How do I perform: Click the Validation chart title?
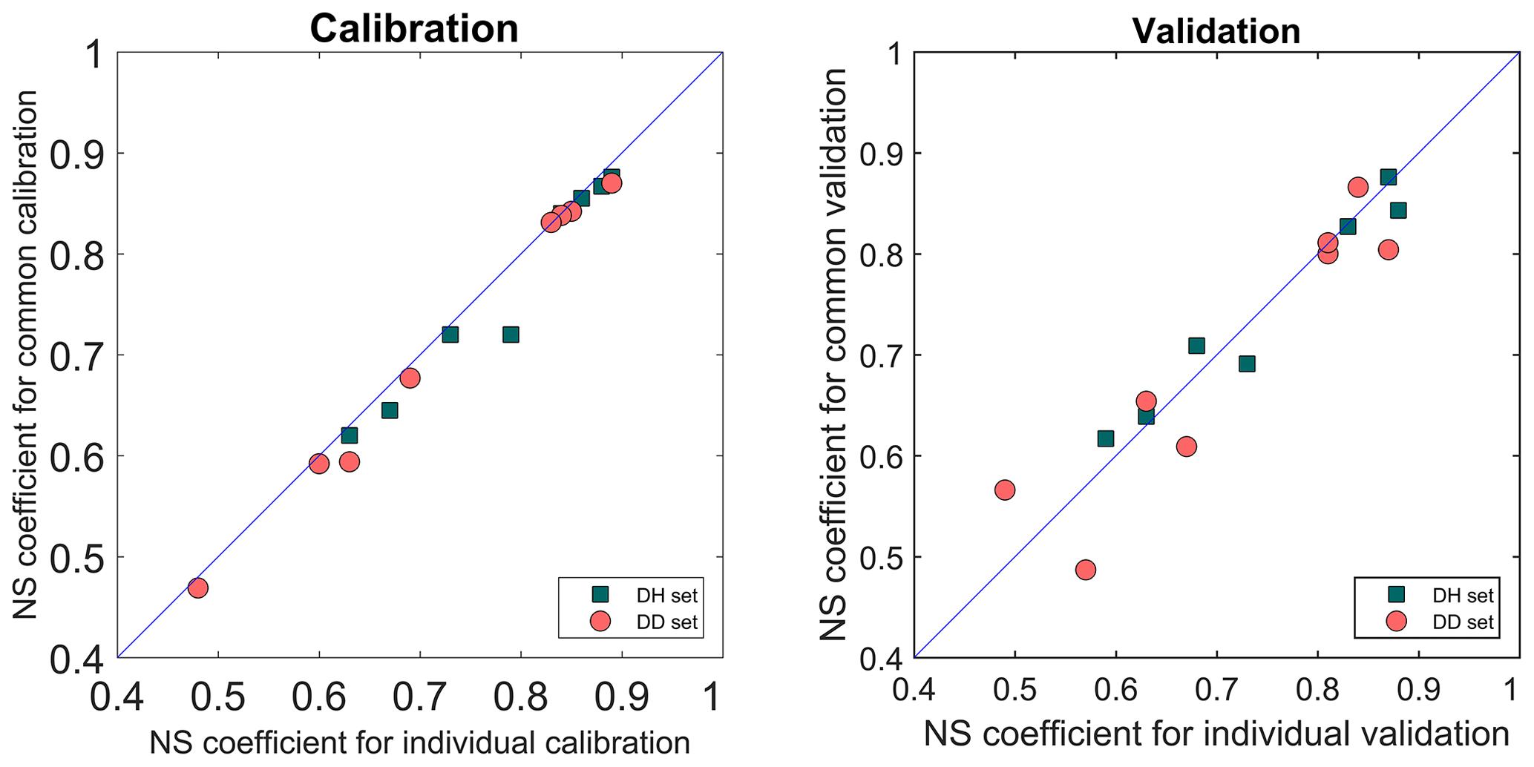tap(1216, 31)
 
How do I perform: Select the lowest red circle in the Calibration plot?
tap(197, 588)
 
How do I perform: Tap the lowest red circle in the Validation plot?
tap(1086, 570)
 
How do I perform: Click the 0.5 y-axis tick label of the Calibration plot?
tap(73, 558)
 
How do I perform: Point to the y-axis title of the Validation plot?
tap(833, 355)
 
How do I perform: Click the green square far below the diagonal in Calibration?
tap(511, 335)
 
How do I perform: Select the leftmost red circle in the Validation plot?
tap(1005, 490)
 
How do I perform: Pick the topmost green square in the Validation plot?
tap(1388, 177)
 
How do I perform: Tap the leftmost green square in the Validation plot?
tap(1106, 438)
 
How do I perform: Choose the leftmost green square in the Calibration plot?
tap(349, 435)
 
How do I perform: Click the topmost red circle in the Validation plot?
tap(1358, 187)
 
